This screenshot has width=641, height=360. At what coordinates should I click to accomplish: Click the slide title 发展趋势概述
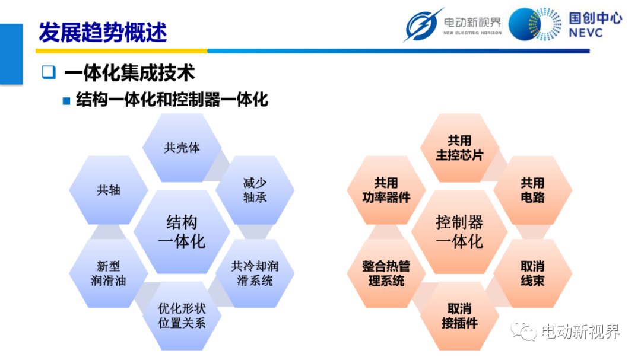tap(103, 32)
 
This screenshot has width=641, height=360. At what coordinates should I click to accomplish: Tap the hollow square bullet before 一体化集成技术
tap(49, 72)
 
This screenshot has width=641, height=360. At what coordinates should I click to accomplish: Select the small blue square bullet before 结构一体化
tap(66, 101)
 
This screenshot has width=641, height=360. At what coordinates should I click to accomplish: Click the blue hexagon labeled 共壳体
tap(182, 148)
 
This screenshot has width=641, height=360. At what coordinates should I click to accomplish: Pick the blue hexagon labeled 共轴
tap(109, 190)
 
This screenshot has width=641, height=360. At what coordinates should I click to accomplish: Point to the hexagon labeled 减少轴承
tap(255, 190)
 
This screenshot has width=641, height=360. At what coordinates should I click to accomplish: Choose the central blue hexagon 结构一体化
tap(182, 232)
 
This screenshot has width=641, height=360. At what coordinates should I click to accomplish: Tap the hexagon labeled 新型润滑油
tap(109, 273)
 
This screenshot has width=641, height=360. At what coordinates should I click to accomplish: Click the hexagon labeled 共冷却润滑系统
tap(255, 273)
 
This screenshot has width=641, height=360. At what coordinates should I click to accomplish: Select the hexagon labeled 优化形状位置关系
tap(182, 316)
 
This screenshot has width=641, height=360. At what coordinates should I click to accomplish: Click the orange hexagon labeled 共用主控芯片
tap(459, 148)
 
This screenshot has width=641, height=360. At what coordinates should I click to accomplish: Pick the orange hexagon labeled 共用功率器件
tap(386, 190)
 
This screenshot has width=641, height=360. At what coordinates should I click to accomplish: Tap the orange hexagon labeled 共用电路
tap(532, 190)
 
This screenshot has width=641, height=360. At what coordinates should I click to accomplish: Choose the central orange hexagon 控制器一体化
tap(459, 232)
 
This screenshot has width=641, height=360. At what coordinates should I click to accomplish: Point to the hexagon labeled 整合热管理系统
tap(386, 273)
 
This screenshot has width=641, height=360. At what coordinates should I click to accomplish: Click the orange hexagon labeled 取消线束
tap(532, 273)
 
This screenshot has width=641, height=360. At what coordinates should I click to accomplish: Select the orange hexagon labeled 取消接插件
tap(459, 316)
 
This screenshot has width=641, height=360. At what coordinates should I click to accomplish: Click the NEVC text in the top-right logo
tap(585, 33)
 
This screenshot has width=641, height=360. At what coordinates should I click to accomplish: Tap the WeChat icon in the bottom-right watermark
tap(523, 330)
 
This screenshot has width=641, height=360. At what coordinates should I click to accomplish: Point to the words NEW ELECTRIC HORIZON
tap(472, 33)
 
